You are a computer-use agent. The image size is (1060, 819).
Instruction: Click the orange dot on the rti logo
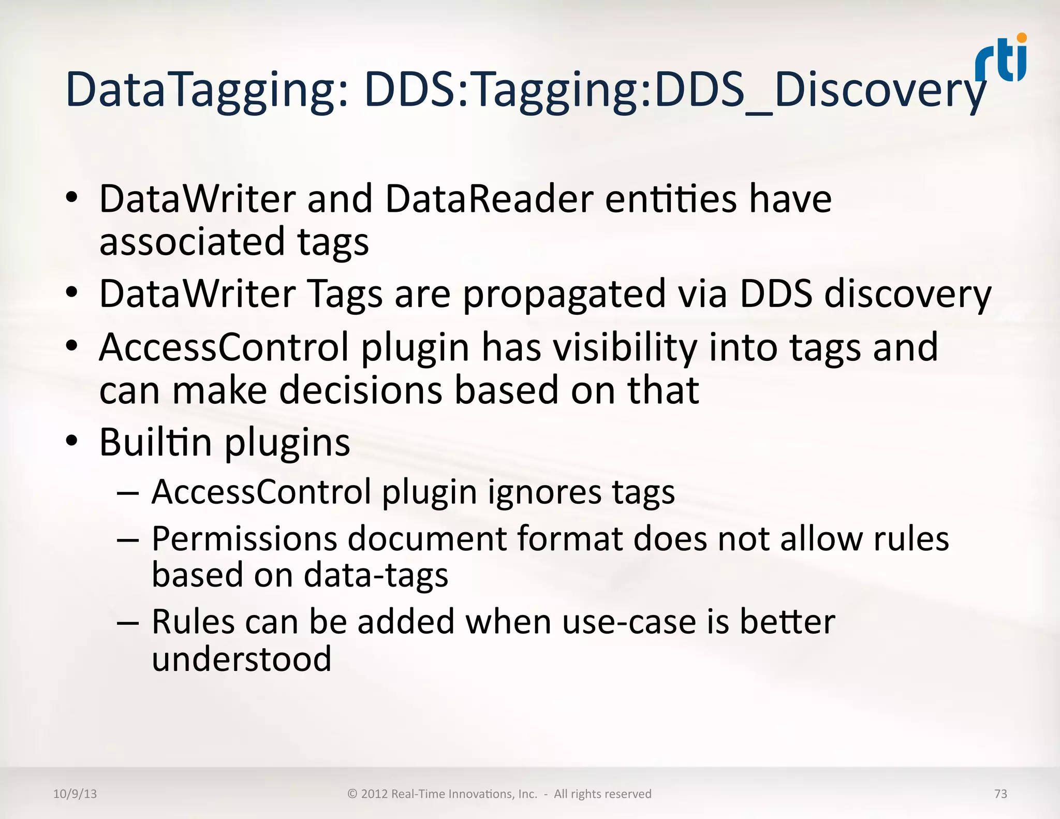(1022, 38)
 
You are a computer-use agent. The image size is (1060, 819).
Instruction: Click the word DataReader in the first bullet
(489, 199)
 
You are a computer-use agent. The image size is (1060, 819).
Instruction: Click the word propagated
(564, 295)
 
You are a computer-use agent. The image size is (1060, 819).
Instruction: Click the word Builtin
(155, 443)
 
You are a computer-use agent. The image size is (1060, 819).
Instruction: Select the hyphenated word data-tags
(376, 576)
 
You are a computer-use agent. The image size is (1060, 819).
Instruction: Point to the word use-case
(629, 622)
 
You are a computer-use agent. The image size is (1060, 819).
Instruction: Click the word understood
(241, 659)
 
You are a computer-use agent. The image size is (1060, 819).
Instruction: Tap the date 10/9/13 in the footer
(75, 794)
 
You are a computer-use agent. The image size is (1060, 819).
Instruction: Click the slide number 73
(1000, 794)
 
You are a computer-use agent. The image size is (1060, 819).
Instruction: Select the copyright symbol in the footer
(352, 794)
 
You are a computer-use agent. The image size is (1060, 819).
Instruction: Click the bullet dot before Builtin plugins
(72, 441)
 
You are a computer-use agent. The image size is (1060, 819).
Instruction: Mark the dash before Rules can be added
(127, 622)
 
